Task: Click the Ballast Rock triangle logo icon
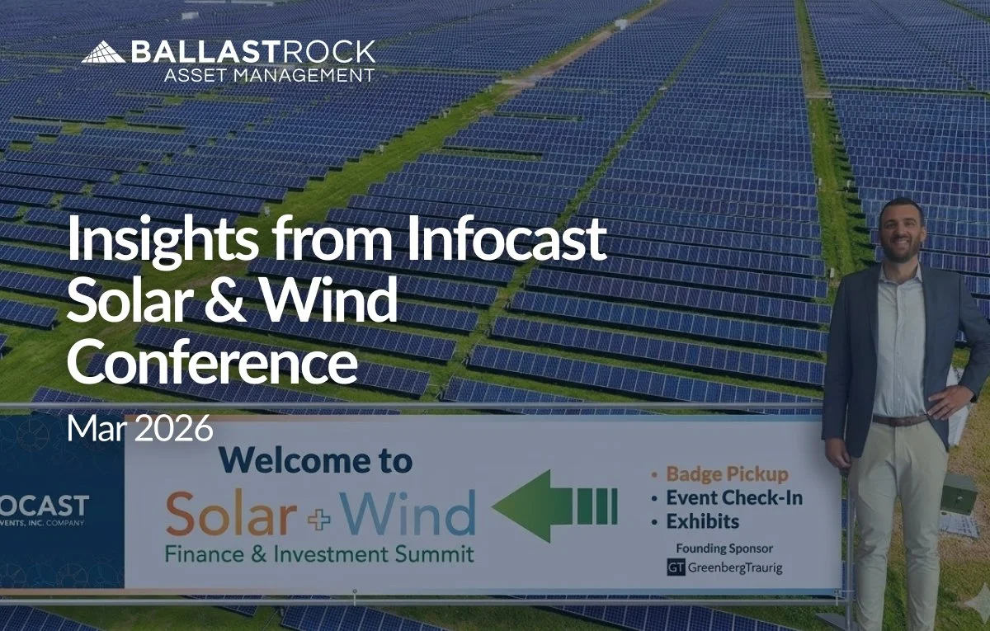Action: pos(102,53)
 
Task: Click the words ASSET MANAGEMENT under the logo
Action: pos(269,75)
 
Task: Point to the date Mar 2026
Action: pos(139,429)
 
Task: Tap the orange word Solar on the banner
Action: pos(230,514)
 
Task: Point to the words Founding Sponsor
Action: pos(724,549)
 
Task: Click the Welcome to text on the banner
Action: pos(315,460)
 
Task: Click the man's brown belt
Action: pos(899,420)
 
